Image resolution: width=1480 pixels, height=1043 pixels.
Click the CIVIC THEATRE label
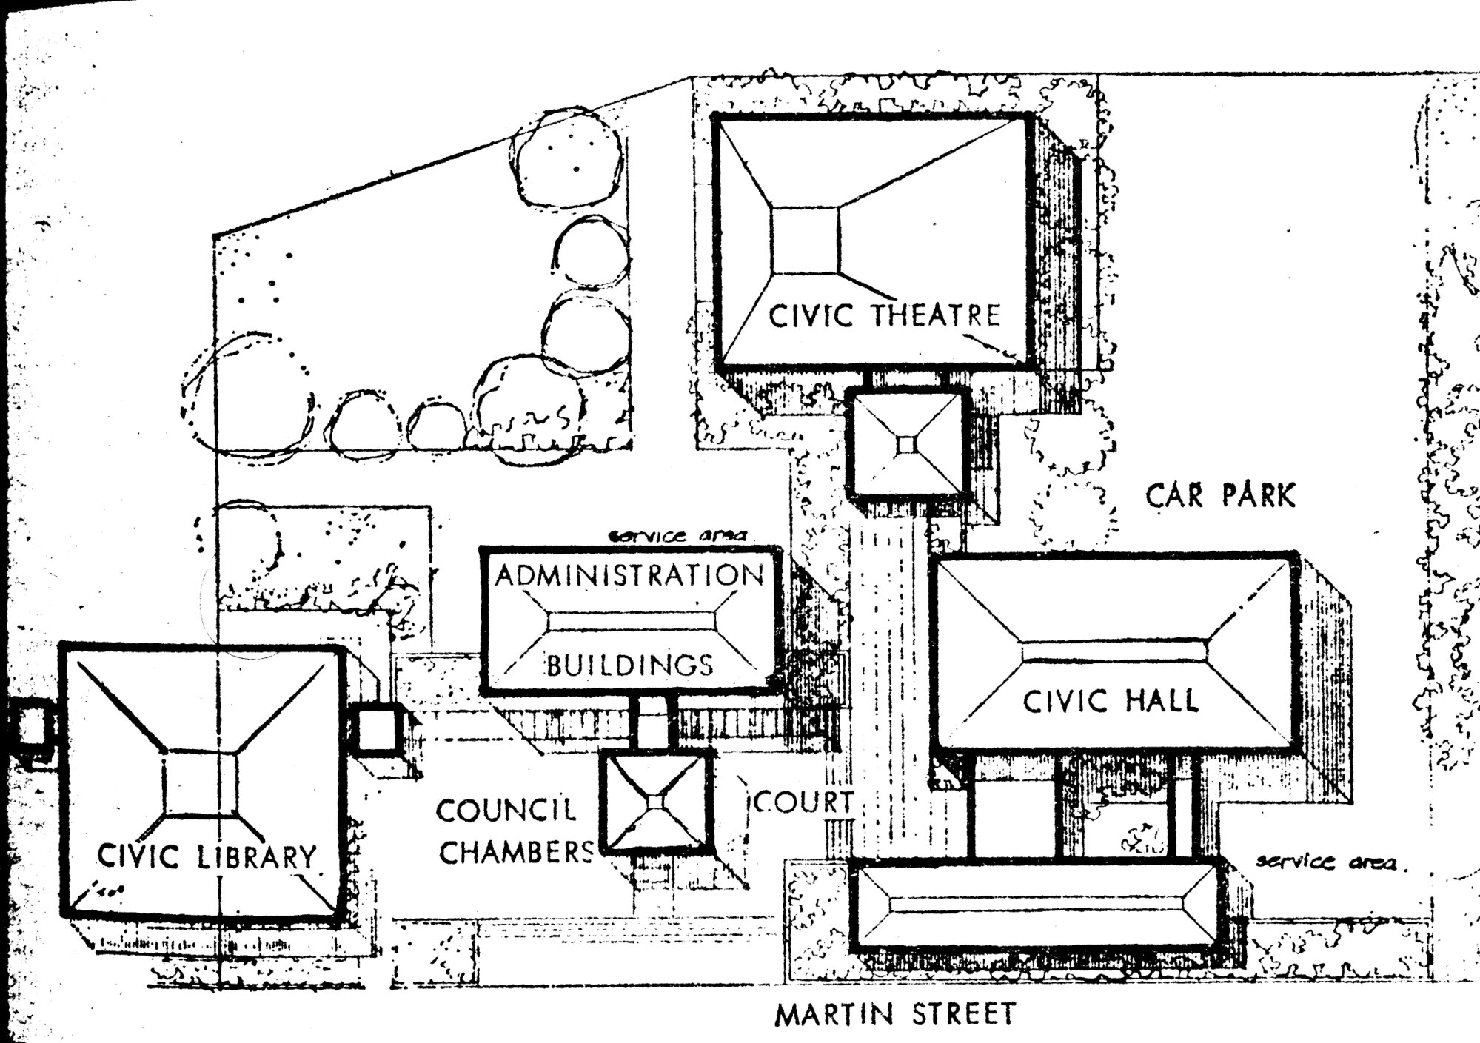click(884, 315)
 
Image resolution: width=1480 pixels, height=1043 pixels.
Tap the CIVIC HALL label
click(1111, 701)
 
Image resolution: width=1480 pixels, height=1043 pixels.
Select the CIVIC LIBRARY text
click(207, 856)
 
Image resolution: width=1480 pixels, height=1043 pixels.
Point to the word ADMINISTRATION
click(629, 576)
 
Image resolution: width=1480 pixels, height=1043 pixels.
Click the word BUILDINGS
click(630, 665)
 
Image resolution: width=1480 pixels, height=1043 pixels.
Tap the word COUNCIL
click(506, 810)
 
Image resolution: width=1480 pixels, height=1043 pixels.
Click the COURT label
click(804, 802)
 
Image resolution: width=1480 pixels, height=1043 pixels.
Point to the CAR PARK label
click(1221, 495)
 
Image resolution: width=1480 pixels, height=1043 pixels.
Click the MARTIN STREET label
click(895, 1013)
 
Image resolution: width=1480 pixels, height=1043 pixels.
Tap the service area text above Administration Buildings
click(677, 534)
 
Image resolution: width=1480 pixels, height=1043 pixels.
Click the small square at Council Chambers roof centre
click(656, 802)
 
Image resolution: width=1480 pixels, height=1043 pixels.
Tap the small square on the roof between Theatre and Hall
click(907, 445)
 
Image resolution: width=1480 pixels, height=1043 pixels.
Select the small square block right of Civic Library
click(376, 729)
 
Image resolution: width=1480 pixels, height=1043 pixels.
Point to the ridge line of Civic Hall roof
click(1114, 652)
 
